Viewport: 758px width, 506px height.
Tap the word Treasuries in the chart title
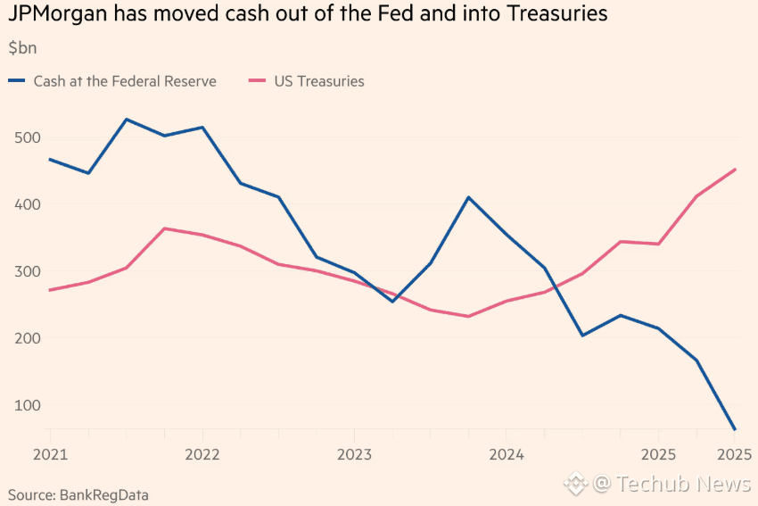coord(555,14)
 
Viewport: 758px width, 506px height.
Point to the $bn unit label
coord(22,47)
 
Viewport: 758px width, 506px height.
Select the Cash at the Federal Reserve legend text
coord(125,81)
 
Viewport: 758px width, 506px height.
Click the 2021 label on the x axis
coord(51,454)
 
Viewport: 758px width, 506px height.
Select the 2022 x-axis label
coord(202,454)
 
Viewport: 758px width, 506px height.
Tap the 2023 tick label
coord(354,454)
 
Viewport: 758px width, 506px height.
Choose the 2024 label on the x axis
coord(507,454)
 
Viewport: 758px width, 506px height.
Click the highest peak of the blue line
coord(127,120)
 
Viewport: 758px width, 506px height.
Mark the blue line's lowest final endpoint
coord(735,429)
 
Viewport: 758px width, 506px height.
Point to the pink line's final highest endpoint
coord(735,170)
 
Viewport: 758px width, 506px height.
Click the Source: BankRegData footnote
coord(78,494)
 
